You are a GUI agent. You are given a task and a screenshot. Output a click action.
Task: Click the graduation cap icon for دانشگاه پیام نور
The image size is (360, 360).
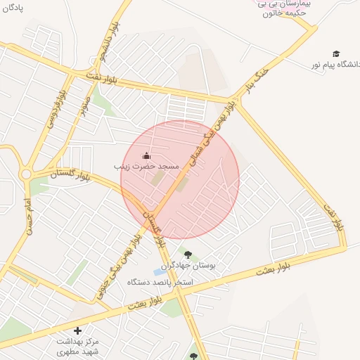(337, 53)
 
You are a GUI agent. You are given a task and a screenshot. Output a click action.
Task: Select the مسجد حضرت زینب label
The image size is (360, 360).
(147, 167)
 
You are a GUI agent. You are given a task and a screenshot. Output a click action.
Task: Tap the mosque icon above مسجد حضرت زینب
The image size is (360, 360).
(146, 155)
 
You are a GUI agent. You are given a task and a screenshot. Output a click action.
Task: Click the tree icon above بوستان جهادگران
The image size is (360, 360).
(187, 255)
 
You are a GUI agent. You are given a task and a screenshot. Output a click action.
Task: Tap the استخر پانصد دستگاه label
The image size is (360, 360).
(160, 282)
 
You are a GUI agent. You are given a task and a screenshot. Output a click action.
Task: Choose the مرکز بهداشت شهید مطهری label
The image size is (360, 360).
(78, 345)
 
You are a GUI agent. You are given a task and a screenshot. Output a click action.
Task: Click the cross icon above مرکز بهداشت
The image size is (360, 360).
(77, 330)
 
